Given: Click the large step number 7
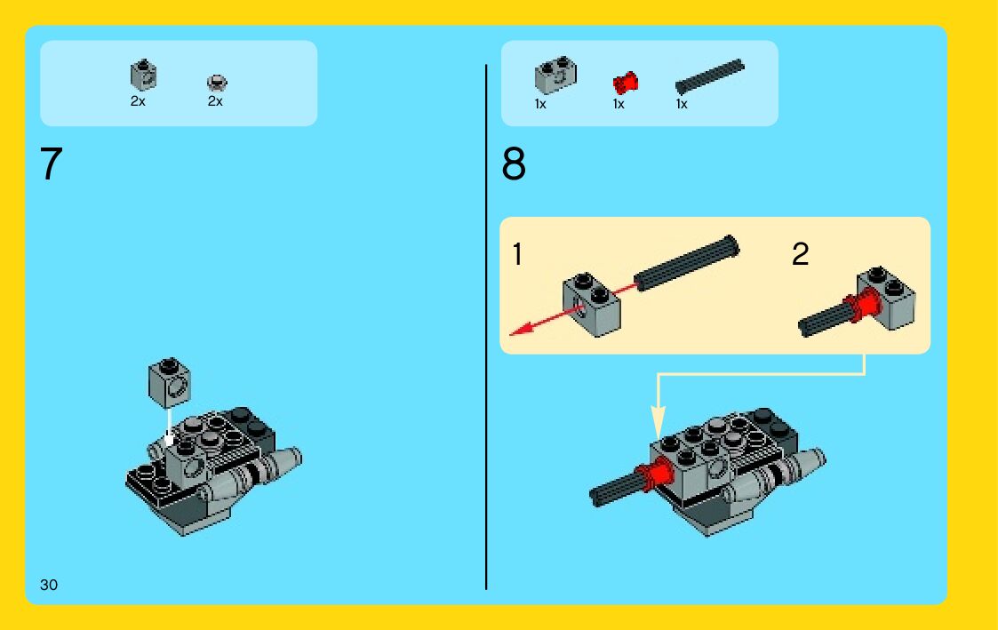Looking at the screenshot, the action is (x=51, y=164).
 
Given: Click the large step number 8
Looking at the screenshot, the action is (x=514, y=164).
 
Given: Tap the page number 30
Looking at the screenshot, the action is (x=48, y=585).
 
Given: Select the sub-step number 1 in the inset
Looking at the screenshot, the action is (x=517, y=254).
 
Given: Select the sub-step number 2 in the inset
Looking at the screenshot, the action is (x=800, y=254).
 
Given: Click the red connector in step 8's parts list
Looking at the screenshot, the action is (x=625, y=83).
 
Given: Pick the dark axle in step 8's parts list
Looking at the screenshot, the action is (x=709, y=77).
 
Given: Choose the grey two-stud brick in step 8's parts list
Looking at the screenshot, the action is (x=555, y=76).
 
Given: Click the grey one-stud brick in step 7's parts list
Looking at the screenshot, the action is (x=143, y=76).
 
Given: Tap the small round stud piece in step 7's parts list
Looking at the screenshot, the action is (x=217, y=83).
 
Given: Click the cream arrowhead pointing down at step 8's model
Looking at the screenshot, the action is (x=659, y=423).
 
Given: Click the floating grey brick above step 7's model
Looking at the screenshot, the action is (x=170, y=382).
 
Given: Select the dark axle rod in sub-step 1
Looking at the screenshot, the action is (x=687, y=263).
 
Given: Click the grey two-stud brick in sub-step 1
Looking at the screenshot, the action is (x=591, y=305).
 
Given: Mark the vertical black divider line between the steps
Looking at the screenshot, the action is (x=486, y=326).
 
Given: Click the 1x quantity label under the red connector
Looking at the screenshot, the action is (x=619, y=104).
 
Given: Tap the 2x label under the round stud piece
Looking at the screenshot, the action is (x=215, y=101).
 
